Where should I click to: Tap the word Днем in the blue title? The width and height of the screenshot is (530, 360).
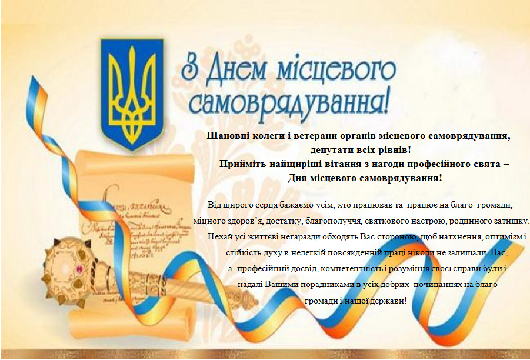pyautogui.click(x=236, y=71)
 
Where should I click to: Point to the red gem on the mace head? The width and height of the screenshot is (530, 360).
pyautogui.click(x=80, y=269)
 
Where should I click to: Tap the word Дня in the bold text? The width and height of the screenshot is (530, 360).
pyautogui.click(x=296, y=178)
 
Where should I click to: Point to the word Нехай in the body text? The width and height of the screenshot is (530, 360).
pyautogui.click(x=217, y=236)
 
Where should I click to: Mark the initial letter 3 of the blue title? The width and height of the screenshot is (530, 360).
pyautogui.click(x=189, y=66)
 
